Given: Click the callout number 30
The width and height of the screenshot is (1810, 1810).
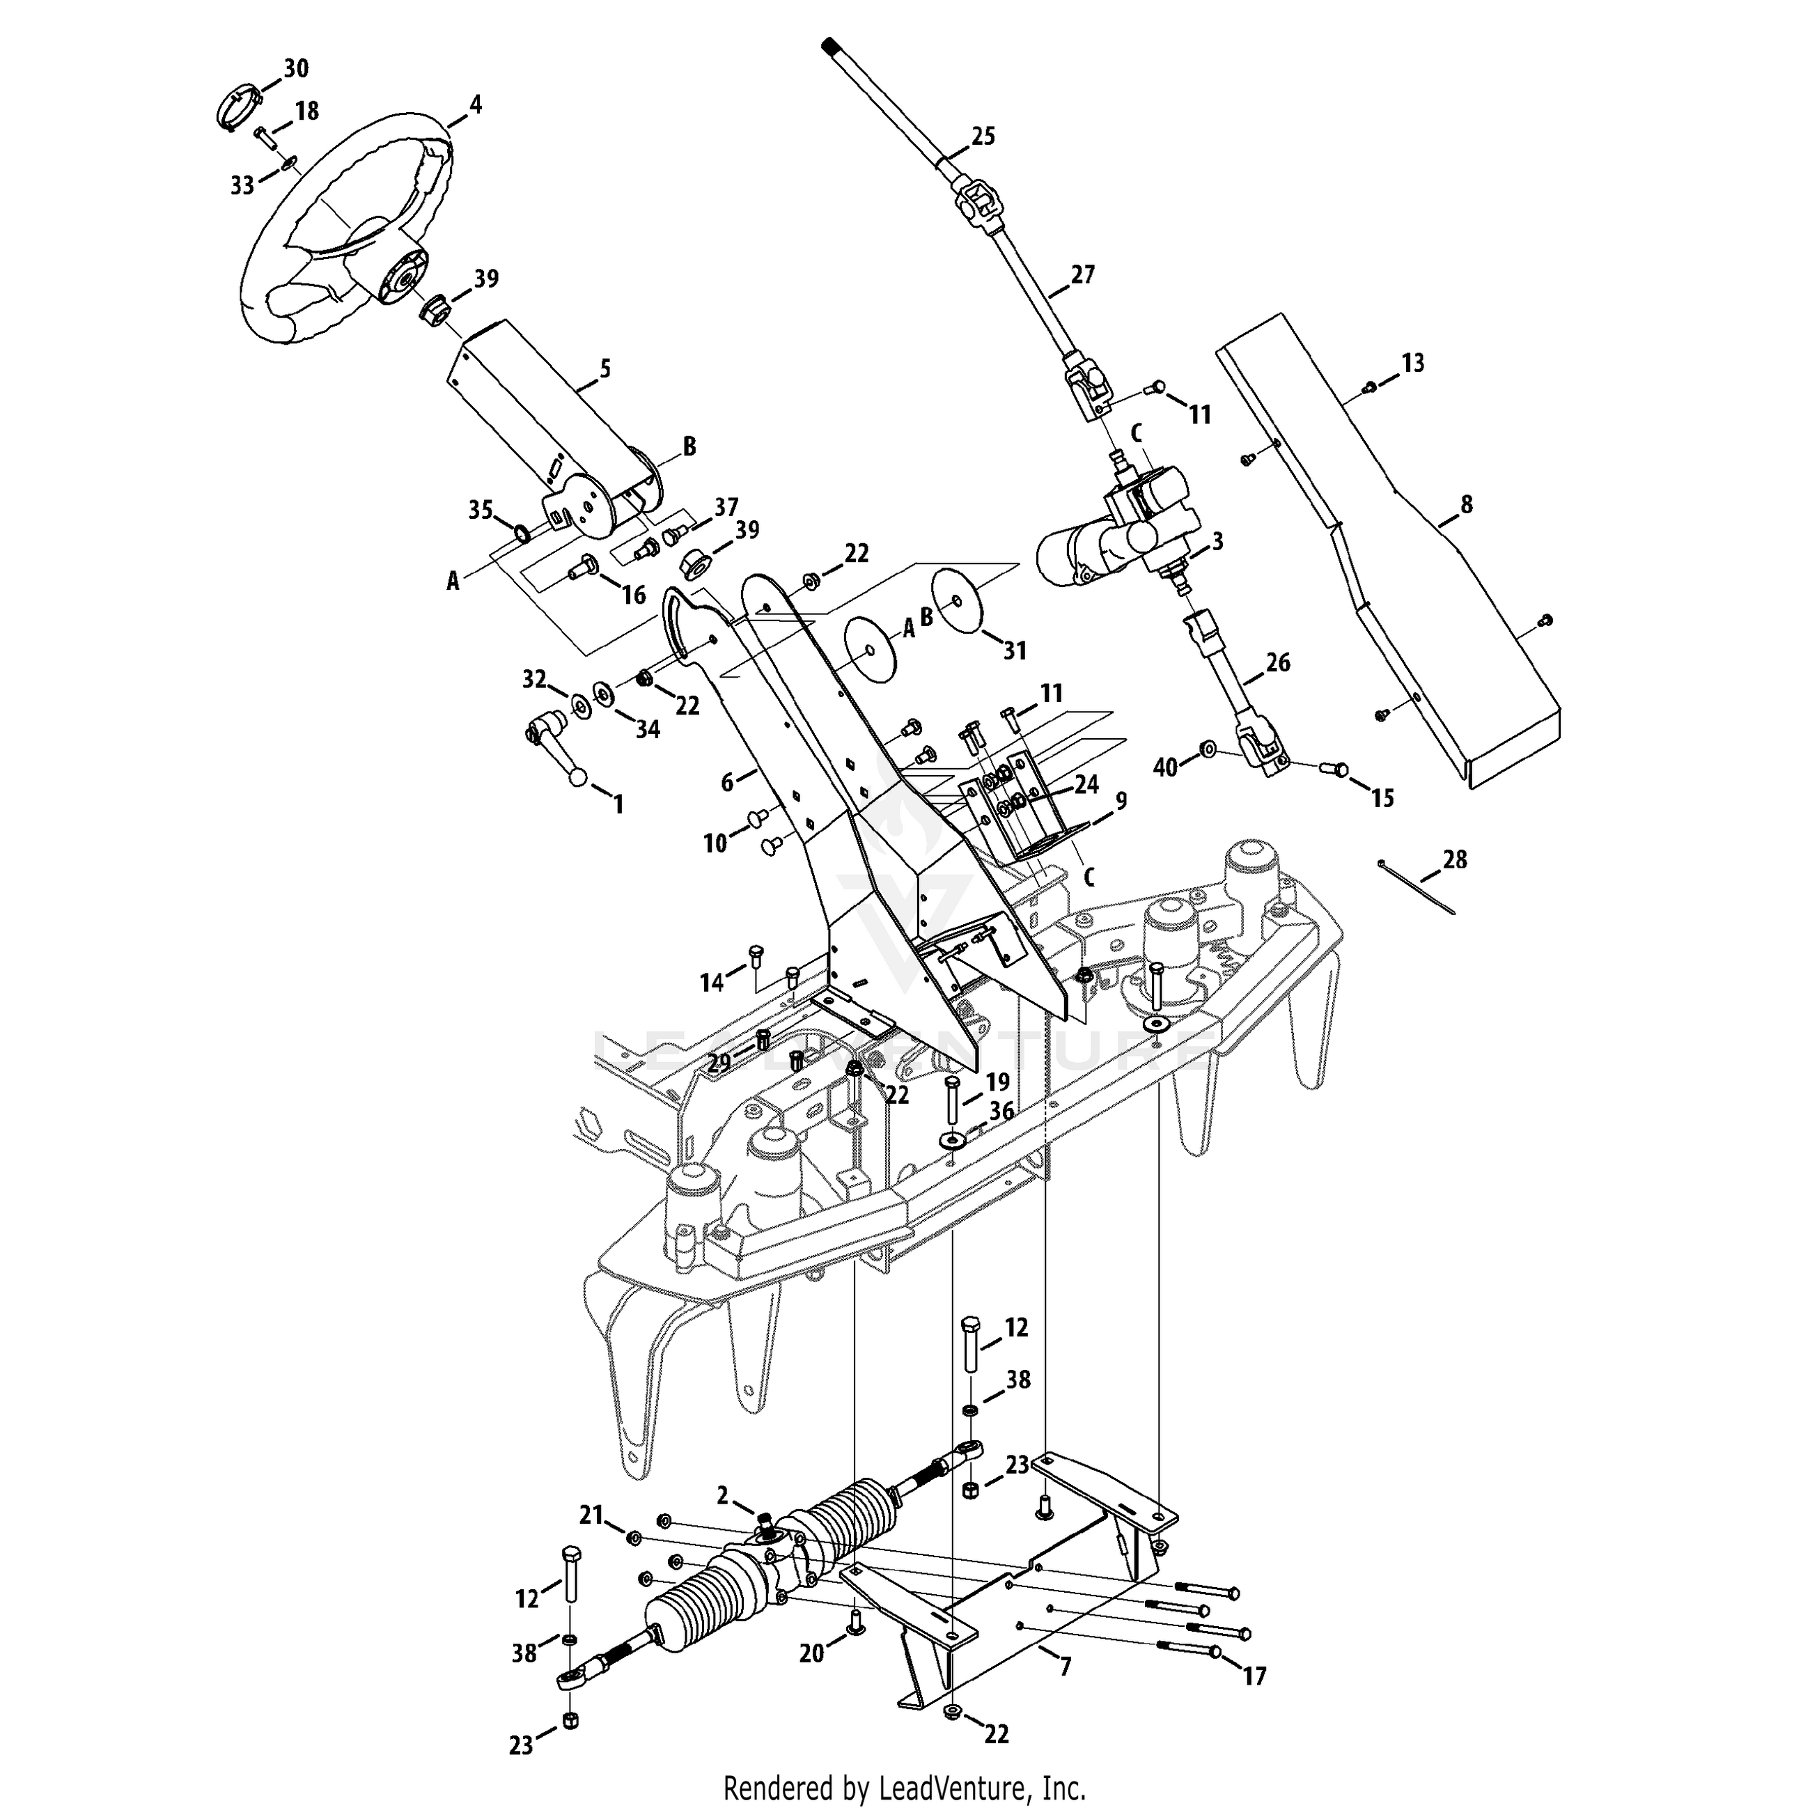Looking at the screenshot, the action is [296, 68].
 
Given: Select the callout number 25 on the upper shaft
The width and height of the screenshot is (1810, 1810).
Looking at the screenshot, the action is [983, 136].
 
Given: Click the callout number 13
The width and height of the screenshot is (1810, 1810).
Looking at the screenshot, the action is [1413, 363].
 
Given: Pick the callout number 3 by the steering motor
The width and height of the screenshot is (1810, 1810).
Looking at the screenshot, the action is [1217, 540].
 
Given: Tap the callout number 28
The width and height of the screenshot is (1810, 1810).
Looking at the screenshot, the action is [1455, 859].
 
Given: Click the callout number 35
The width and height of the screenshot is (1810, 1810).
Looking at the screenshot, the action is [481, 510].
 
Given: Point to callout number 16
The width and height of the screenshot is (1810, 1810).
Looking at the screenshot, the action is [634, 594].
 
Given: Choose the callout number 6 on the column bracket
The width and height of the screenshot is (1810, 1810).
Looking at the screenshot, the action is [728, 781].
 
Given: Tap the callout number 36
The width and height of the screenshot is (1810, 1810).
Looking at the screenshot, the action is [1001, 1111].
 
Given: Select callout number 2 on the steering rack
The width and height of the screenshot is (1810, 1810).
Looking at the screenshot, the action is [722, 1496].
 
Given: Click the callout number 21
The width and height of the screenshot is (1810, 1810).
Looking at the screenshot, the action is [591, 1515].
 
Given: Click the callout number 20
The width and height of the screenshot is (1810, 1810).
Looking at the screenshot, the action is [811, 1653].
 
